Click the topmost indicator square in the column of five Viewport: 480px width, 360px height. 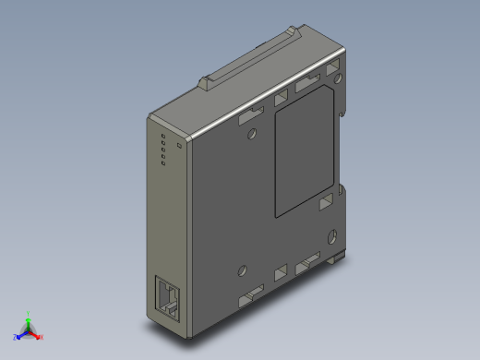[162, 138]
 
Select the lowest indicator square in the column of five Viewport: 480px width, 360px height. [162, 165]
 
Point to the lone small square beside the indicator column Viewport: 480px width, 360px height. [178, 146]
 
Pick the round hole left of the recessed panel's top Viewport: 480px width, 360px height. [253, 135]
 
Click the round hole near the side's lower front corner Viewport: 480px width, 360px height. [242, 271]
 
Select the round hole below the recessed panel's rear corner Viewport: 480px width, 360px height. [329, 234]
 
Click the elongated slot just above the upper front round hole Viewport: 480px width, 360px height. [250, 116]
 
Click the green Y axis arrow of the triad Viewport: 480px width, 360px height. [29, 316]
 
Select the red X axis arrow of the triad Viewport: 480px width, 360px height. [40, 336]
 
